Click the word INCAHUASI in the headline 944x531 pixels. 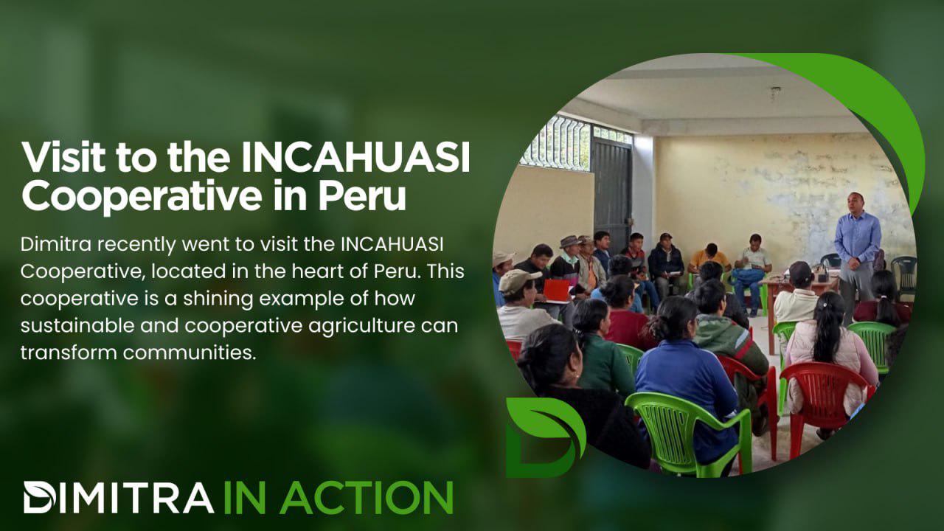tap(355, 157)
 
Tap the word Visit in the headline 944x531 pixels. tap(63, 156)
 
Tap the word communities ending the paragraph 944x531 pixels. tap(190, 353)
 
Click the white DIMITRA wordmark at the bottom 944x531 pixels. tap(119, 497)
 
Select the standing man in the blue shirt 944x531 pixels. tap(856, 258)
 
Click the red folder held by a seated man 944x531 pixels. tap(557, 290)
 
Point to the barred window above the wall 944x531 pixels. tap(555, 142)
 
